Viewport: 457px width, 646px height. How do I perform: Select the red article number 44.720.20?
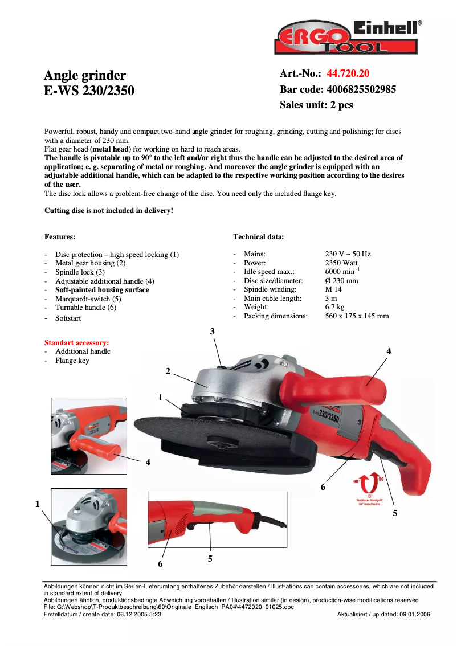pyautogui.click(x=348, y=73)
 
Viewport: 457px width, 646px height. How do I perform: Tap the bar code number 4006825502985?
pyautogui.click(x=361, y=89)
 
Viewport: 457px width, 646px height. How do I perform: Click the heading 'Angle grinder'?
pyautogui.click(x=85, y=75)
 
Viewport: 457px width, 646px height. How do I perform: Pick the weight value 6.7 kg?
pyautogui.click(x=334, y=307)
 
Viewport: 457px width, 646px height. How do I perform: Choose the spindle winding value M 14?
pyautogui.click(x=333, y=289)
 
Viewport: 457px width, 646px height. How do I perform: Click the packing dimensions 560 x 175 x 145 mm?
pyautogui.click(x=357, y=316)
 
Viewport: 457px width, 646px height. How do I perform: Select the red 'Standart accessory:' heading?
pyautogui.click(x=76, y=343)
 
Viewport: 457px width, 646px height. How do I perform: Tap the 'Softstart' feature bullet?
pyautogui.click(x=68, y=318)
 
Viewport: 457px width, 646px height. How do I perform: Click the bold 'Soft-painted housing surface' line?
pyautogui.click(x=102, y=290)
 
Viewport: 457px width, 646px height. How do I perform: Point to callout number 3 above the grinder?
pyautogui.click(x=213, y=331)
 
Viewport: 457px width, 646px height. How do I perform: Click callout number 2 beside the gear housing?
pyautogui.click(x=168, y=371)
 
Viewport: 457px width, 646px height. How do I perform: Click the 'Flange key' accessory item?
pyautogui.click(x=72, y=361)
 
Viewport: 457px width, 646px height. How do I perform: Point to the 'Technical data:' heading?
pyautogui.click(x=259, y=237)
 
